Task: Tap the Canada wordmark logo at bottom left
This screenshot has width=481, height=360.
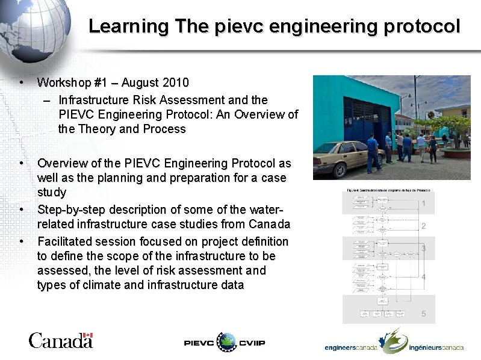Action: (61, 341)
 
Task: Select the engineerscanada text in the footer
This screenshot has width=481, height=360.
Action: (352, 348)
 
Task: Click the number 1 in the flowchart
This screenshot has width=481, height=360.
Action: (424, 204)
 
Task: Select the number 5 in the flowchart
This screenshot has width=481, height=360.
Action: (424, 314)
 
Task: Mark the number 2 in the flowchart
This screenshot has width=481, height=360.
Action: (424, 226)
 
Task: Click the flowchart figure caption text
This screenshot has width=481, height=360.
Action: (388, 190)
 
